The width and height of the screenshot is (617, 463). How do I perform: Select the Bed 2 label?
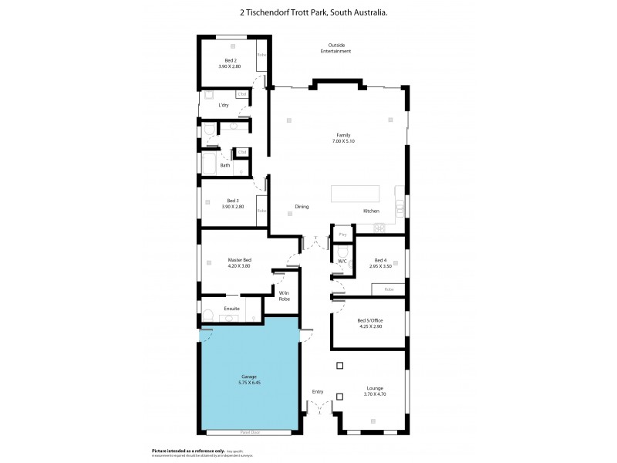click(231, 60)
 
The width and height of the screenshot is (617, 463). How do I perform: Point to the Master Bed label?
click(241, 260)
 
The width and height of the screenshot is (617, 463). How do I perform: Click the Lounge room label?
click(375, 388)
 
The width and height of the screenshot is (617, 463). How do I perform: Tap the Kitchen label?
click(372, 211)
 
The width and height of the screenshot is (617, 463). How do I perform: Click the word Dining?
click(302, 206)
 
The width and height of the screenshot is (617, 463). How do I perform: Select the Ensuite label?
click(232, 309)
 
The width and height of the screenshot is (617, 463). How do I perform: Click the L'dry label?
click(224, 105)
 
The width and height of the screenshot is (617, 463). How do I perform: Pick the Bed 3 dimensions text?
click(232, 207)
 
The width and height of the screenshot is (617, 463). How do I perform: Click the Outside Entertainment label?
click(336, 48)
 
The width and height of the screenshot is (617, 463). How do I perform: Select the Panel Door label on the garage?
click(250, 433)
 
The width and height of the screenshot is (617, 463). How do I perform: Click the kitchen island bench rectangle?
click(356, 194)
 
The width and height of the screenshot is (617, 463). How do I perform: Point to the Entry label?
click(318, 391)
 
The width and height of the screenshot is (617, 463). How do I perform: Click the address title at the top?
click(308, 12)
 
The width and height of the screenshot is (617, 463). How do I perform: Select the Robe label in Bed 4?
click(389, 289)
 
